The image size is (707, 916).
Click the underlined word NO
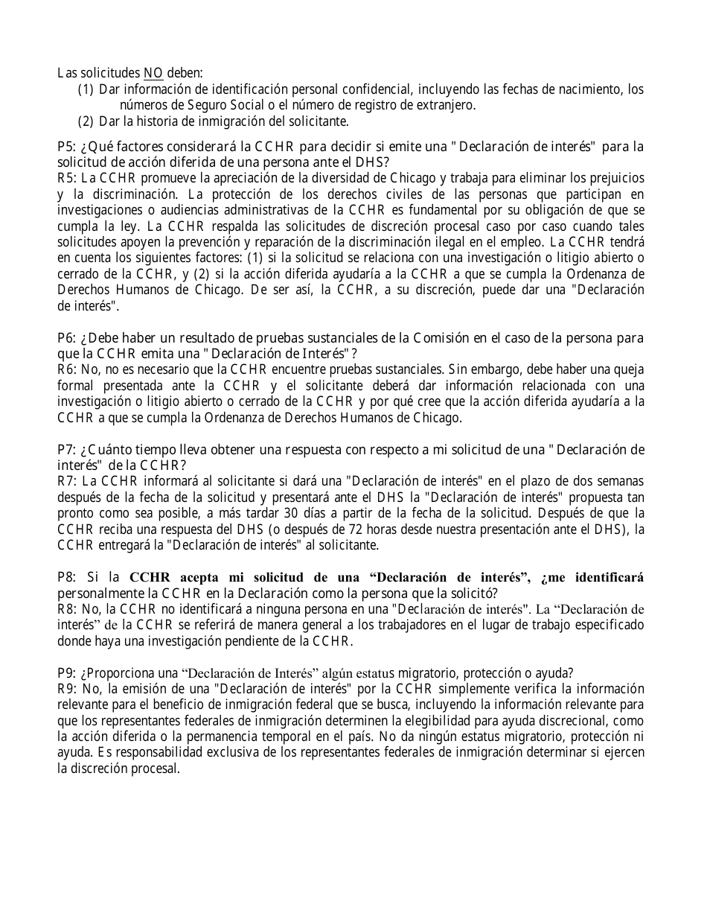153,73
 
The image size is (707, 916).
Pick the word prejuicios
617,179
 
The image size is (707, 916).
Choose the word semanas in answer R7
621,481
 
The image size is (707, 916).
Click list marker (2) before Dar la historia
86,121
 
